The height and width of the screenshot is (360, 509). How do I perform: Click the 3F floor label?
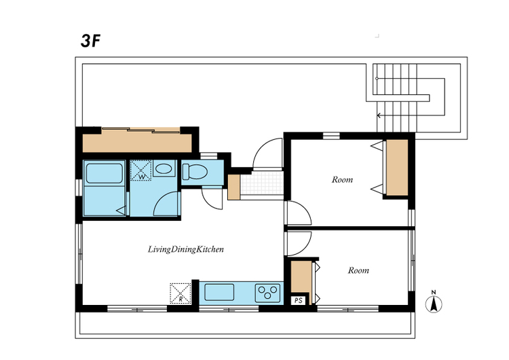click(90, 41)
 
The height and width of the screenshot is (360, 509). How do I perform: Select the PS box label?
click(299, 300)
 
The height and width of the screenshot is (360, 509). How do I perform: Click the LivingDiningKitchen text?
click(186, 249)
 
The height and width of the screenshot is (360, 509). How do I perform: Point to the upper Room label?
click(342, 179)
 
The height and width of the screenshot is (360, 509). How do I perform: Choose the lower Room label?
click(358, 270)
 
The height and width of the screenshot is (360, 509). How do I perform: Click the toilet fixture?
click(195, 172)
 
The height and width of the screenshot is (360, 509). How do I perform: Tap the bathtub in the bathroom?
click(105, 174)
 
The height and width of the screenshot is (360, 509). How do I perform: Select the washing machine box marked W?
click(141, 170)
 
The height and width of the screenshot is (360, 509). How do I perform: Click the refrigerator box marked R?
click(181, 293)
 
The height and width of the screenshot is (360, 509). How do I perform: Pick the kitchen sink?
click(219, 293)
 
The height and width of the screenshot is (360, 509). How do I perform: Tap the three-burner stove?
click(267, 293)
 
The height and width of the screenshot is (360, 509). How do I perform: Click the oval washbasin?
click(164, 168)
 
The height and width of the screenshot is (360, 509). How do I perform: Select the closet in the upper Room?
click(397, 168)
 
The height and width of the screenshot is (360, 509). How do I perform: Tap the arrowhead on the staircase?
click(379, 115)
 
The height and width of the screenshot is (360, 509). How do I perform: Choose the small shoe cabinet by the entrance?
click(233, 187)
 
